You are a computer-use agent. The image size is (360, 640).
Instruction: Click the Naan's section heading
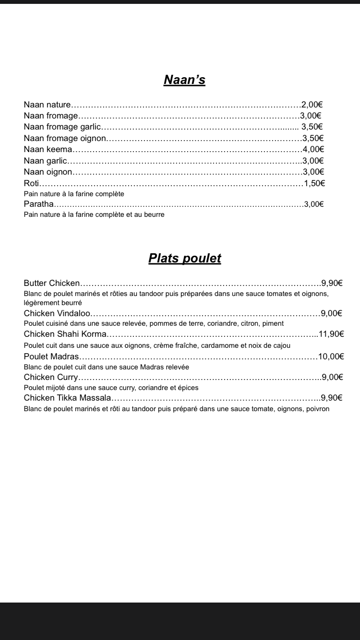point(184,80)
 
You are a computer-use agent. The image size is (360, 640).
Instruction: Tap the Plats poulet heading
point(184,258)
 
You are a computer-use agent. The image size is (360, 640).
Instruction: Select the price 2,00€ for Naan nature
point(312,105)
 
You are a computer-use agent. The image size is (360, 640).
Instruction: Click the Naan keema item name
point(48,149)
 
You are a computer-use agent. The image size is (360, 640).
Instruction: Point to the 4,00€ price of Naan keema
point(313,149)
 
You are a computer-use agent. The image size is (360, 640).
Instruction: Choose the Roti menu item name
point(32,183)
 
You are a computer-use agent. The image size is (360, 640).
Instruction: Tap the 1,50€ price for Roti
point(314,183)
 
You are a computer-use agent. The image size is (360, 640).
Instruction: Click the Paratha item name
point(39,204)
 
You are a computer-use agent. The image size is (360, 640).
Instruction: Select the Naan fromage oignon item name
point(64,138)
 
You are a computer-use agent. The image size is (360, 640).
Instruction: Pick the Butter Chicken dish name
point(52,283)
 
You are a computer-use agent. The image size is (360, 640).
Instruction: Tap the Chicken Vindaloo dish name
point(57,313)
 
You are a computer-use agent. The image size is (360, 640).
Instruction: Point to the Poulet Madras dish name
point(51,356)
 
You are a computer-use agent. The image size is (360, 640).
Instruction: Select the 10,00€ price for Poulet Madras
point(331,356)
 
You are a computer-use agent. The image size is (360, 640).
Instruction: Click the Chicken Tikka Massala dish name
point(67,398)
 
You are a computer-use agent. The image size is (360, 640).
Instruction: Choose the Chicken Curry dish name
point(51,377)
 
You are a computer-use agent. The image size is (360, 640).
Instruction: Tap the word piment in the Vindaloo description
point(274,324)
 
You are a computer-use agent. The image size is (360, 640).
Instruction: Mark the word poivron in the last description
point(317,409)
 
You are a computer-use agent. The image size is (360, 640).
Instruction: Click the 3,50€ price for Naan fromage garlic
point(312,127)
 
